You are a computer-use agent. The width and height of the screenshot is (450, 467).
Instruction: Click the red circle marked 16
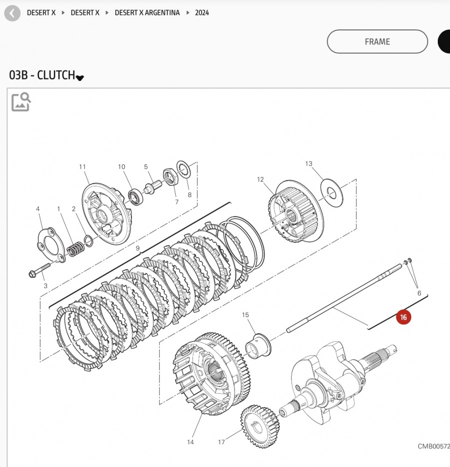click(404, 317)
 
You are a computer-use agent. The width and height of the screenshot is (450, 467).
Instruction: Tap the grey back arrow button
click(12, 13)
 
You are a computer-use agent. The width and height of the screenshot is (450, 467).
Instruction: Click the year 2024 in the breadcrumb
click(202, 13)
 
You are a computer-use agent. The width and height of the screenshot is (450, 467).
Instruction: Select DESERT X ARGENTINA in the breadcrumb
click(147, 13)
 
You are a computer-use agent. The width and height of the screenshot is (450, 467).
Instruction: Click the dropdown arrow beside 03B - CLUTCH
click(80, 78)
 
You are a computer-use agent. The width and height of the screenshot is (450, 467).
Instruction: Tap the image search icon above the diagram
click(21, 102)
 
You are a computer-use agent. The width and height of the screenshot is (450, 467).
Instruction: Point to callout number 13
click(308, 164)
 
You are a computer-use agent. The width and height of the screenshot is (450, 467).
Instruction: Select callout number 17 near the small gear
click(221, 442)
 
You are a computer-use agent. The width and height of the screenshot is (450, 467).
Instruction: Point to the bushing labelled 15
click(258, 345)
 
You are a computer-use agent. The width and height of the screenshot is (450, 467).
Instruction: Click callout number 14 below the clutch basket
click(190, 442)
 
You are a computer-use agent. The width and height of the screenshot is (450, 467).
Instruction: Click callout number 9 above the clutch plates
click(138, 248)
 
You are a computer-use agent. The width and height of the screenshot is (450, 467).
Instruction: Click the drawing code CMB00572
click(433, 446)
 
